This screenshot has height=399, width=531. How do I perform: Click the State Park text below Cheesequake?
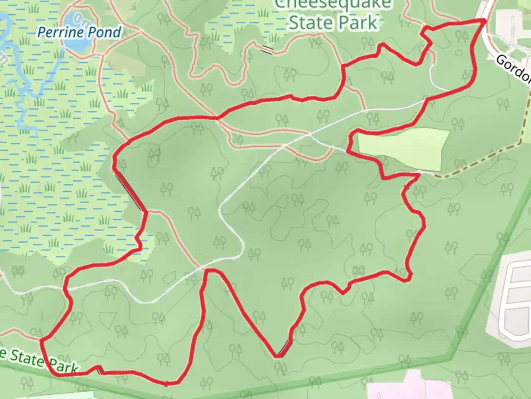(x=333, y=23)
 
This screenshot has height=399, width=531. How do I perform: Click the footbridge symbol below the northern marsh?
(x=267, y=50)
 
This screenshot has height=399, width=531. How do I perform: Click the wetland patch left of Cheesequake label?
(x=240, y=22)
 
